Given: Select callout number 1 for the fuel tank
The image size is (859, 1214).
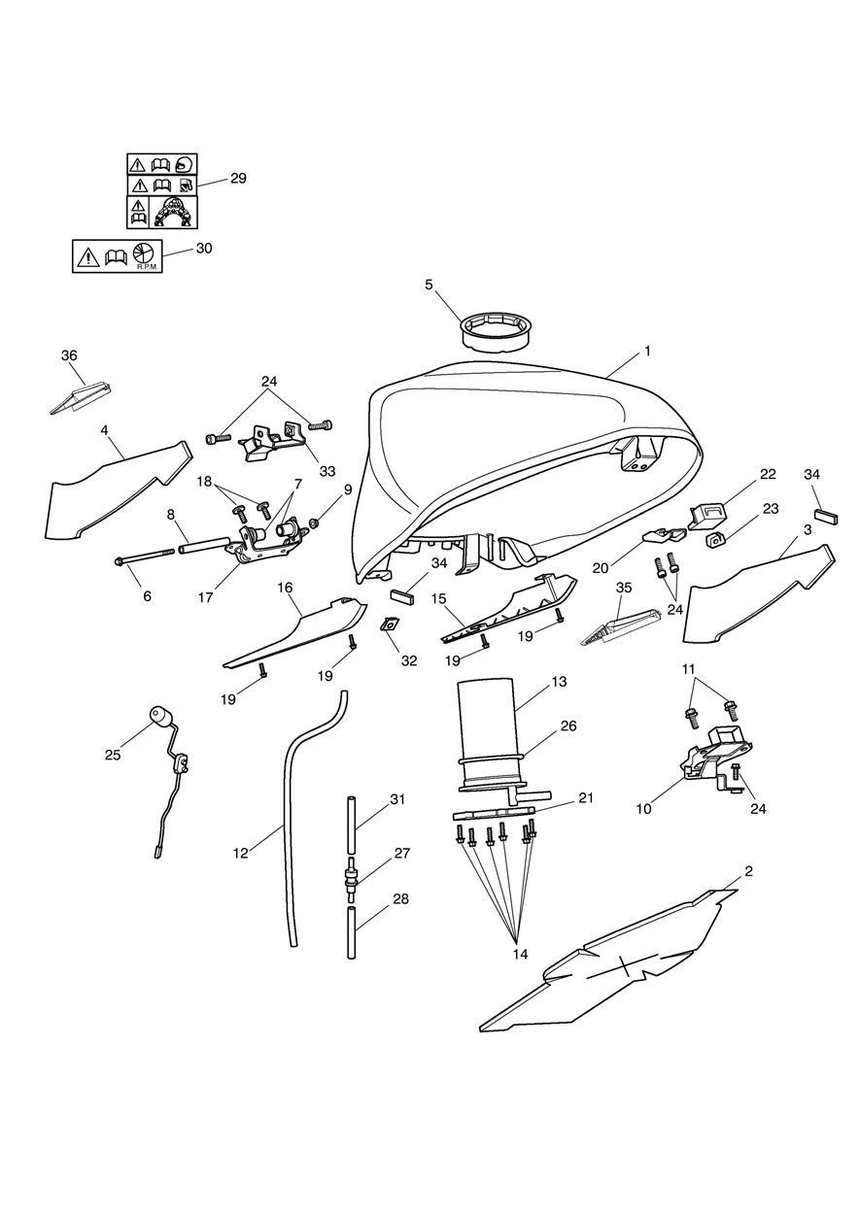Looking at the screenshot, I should click(647, 351).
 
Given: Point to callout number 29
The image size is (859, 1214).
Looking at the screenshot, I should click(238, 179).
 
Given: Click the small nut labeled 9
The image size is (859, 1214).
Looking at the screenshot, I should click(313, 523).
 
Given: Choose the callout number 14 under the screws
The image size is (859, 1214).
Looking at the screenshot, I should click(520, 954).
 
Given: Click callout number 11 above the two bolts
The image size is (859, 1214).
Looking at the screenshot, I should click(688, 669).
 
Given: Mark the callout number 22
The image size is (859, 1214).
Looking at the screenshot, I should click(768, 473).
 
